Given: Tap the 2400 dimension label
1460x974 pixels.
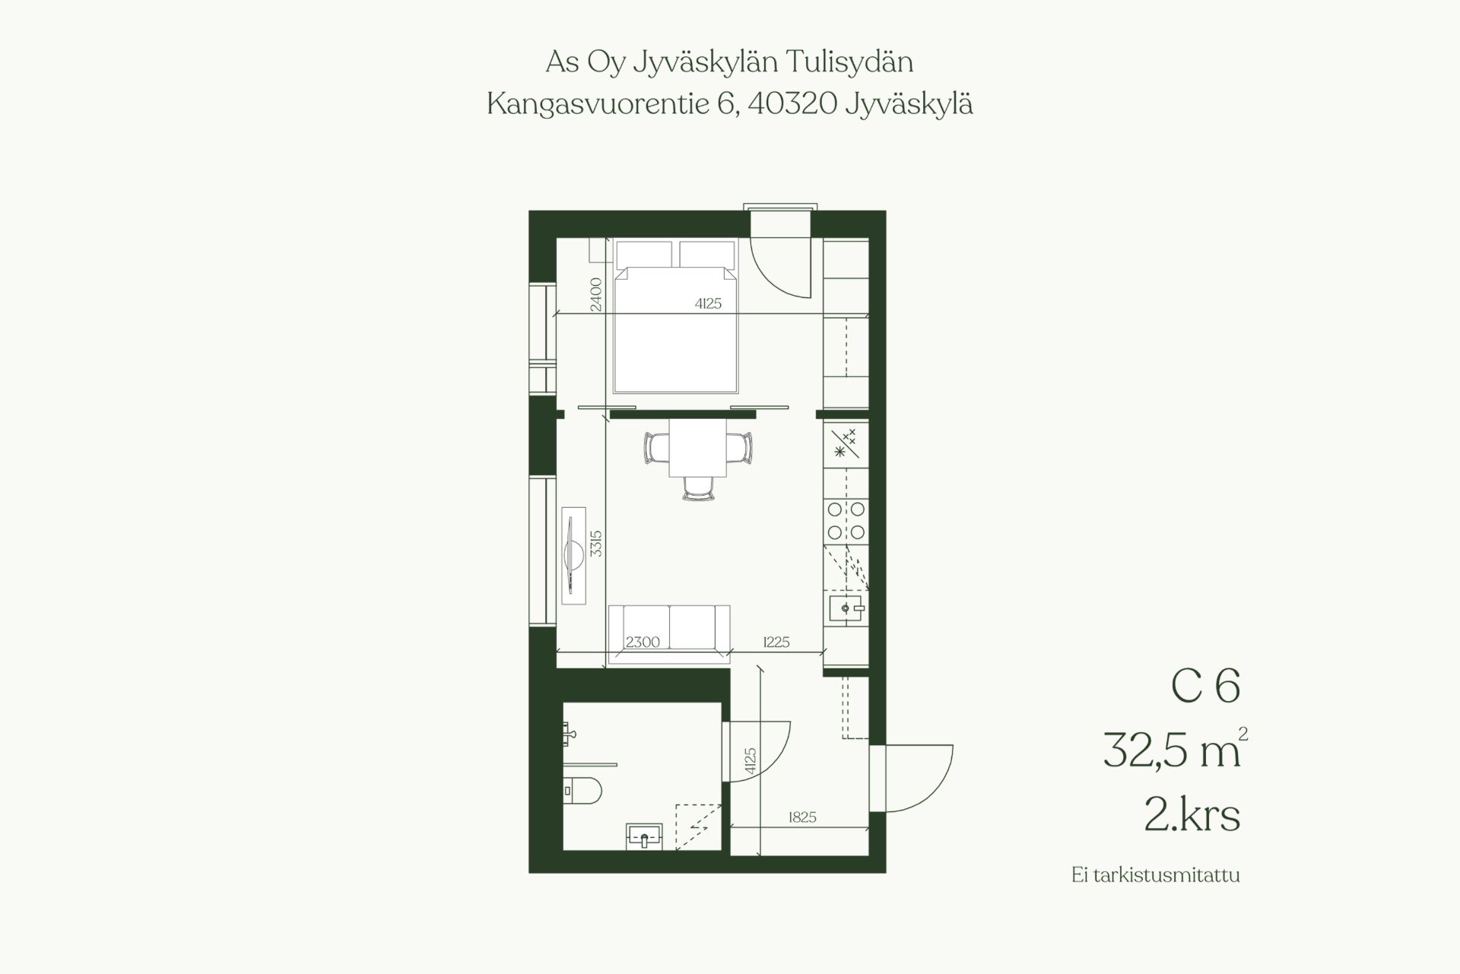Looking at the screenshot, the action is click(595, 294).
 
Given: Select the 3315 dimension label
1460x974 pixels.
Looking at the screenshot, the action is click(595, 544).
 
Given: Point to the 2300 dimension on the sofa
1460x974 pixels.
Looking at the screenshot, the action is click(643, 642).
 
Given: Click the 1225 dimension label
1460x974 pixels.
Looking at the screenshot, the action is click(776, 642).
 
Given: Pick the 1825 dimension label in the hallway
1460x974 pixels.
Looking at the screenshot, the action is click(802, 817).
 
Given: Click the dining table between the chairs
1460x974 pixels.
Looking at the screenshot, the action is click(697, 448).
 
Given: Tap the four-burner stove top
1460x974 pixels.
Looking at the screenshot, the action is click(846, 521).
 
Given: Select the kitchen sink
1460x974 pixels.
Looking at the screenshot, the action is click(846, 608).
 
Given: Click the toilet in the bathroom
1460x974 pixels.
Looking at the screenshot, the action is click(584, 791).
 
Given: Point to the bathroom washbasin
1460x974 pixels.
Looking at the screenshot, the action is click(645, 836).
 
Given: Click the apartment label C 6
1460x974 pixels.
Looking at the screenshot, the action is click(1206, 686).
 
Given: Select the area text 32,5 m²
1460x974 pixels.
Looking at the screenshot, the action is click(1175, 749).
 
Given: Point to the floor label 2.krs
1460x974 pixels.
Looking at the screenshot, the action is click(1192, 815).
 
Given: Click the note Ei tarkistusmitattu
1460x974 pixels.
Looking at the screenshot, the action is click(1156, 875).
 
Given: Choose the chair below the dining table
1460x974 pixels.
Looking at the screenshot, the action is click(698, 489).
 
